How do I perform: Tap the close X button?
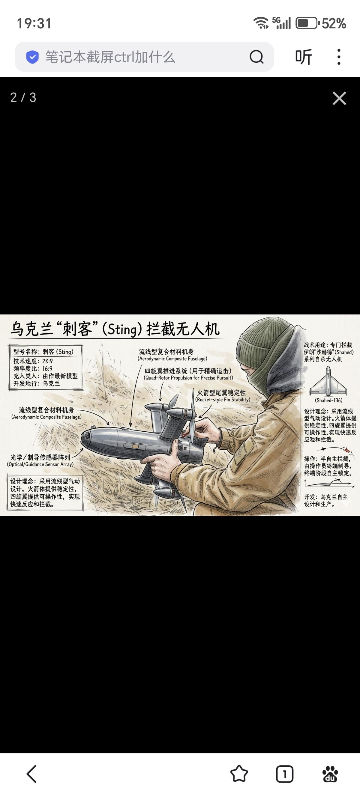339,98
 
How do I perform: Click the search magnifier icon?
256,57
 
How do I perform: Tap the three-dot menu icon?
339,57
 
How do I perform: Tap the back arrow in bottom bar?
31,774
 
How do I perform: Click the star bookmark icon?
239,774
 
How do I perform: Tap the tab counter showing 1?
284,774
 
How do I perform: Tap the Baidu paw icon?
330,774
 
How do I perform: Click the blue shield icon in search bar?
32,57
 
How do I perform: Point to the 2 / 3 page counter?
23,97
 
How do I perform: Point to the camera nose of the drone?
86,437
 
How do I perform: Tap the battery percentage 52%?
334,23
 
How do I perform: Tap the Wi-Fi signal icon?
261,23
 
